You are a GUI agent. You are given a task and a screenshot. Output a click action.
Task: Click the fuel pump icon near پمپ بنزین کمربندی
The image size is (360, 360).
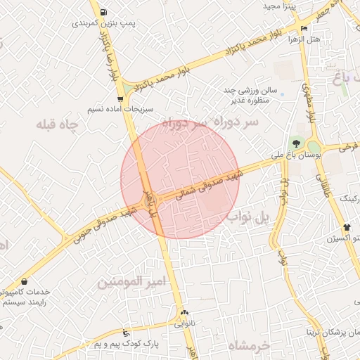[x=104, y=13]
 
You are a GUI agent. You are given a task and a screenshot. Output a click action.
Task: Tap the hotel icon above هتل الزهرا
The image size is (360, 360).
[x=304, y=29]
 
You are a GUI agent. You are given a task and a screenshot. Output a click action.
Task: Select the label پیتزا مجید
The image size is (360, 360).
[x=281, y=6]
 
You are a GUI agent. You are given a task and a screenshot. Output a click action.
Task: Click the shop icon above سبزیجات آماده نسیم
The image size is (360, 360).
[x=122, y=99]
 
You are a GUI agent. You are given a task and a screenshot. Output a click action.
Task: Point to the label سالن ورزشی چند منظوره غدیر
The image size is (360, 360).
[x=258, y=96]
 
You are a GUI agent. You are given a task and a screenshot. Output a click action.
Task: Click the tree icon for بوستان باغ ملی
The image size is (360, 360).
[x=296, y=143]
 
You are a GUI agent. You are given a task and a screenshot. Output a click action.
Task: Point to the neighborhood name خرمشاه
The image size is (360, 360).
[x=250, y=347]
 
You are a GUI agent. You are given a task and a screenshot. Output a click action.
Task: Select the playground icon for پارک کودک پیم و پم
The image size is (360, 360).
[x=126, y=333]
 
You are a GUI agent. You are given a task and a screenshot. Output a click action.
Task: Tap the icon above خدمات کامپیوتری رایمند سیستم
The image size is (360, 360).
[x=25, y=281]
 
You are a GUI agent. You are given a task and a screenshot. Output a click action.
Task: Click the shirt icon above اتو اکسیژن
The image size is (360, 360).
[x=347, y=227]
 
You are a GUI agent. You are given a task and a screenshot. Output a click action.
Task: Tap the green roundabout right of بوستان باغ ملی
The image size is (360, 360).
[x=314, y=147]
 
